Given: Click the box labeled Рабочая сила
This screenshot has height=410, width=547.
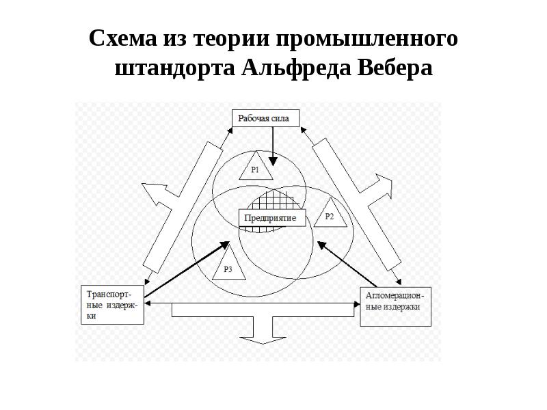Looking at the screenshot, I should click(x=263, y=118).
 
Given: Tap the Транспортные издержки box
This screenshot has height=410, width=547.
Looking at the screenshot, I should click(x=111, y=303).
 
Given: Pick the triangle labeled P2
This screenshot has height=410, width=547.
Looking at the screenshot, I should click(x=330, y=215).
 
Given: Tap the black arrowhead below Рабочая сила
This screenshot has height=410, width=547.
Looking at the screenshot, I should click(x=272, y=162).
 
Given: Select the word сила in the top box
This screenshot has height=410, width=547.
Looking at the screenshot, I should click(x=279, y=118).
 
